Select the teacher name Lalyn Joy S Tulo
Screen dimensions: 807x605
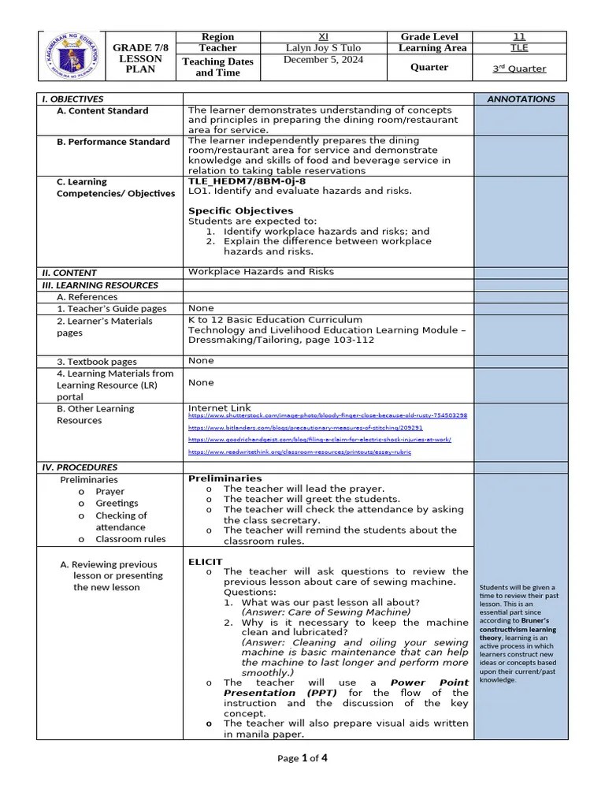pos(324,48)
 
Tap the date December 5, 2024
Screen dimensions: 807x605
pos(324,60)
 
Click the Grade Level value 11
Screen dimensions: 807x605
pos(519,36)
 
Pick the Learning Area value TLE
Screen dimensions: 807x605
pos(519,48)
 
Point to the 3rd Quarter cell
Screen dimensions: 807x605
pos(519,69)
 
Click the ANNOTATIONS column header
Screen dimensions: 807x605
pos(521,99)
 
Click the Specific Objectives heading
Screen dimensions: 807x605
pos(240,210)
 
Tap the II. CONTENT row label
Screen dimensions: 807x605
pos(68,273)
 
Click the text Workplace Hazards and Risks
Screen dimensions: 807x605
pos(261,272)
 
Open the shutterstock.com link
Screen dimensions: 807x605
pos(327,415)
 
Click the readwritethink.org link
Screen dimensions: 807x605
pos(299,452)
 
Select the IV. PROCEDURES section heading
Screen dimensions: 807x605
pos(80,467)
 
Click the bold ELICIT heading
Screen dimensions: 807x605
pos(205,561)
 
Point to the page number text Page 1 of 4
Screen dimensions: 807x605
pos(302,758)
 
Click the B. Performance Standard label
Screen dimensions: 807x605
pos(113,142)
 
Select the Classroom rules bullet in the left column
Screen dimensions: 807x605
pos(130,539)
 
